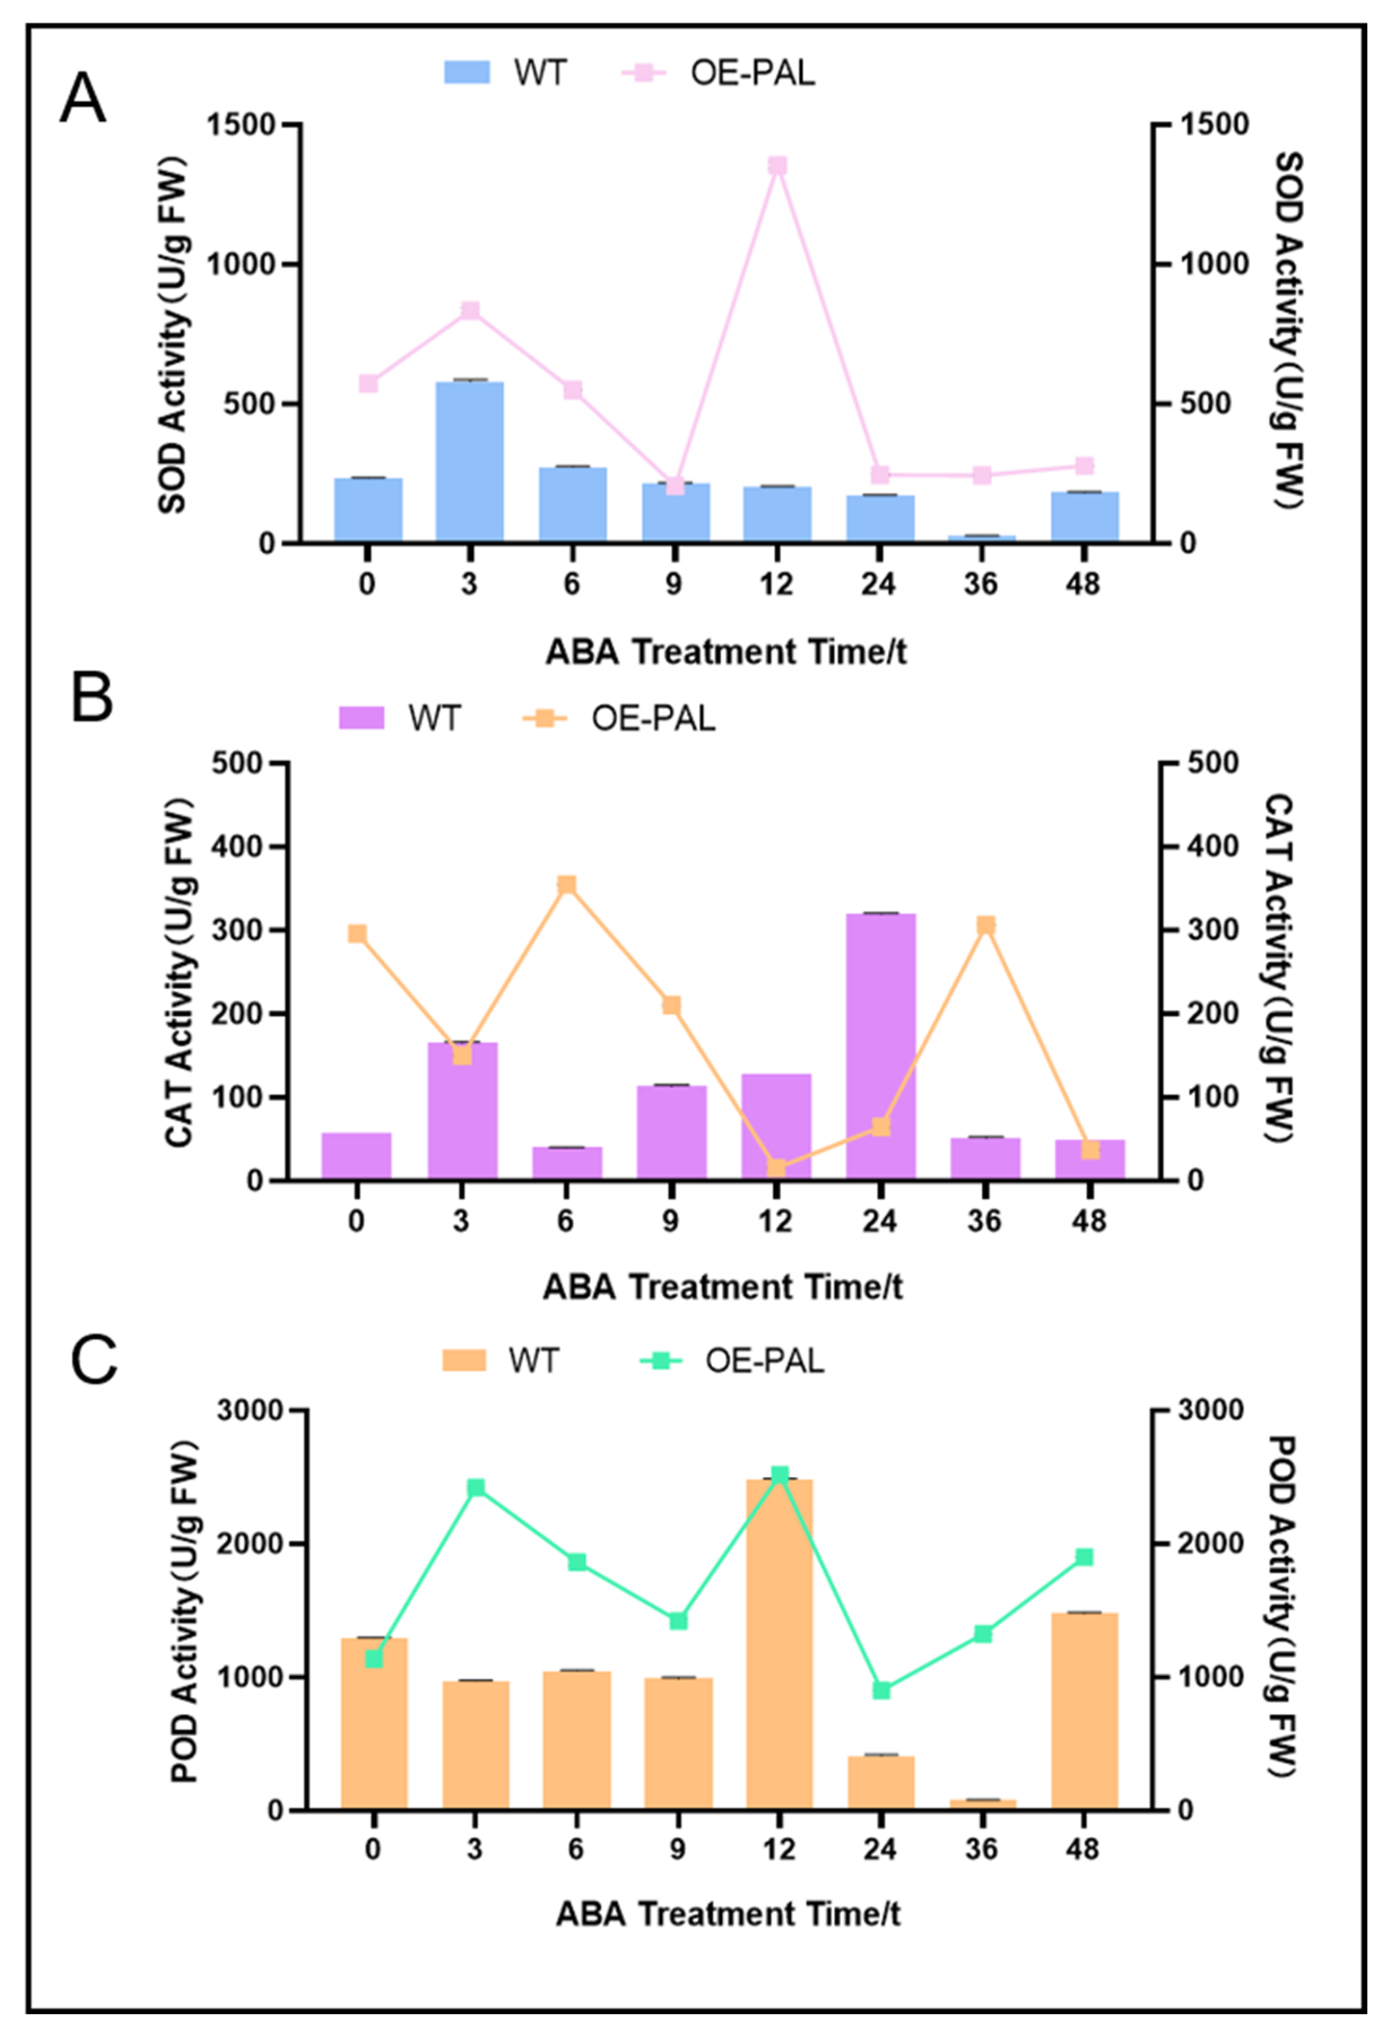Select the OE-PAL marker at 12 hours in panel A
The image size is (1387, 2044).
tap(777, 165)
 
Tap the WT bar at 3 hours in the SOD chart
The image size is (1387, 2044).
tap(469, 462)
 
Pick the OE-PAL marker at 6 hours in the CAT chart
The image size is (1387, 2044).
tap(567, 885)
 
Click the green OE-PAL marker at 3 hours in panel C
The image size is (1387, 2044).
tap(476, 1487)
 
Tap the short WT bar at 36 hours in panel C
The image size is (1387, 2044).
tap(982, 1803)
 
